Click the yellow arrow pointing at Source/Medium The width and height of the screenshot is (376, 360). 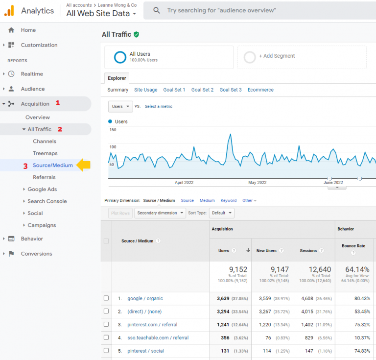(84, 165)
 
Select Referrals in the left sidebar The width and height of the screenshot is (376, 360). (44, 177)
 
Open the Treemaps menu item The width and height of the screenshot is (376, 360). (45, 153)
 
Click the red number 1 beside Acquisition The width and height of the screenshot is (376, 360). (58, 103)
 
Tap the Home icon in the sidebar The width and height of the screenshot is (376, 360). (11, 30)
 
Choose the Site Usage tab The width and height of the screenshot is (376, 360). (146, 90)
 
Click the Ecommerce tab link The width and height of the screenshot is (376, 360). (260, 90)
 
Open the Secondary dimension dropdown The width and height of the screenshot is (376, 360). (161, 213)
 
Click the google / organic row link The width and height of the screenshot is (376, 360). (145, 298)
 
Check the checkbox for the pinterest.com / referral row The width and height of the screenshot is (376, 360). (106, 324)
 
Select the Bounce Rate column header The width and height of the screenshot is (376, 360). (353, 246)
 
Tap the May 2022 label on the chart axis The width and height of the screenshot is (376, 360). (257, 182)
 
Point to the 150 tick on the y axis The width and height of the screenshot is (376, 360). (113, 130)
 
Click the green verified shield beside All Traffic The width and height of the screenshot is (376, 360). (136, 34)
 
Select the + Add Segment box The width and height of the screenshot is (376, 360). (302, 57)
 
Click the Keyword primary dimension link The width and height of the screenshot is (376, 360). (229, 200)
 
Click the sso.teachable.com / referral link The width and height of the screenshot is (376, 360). (158, 337)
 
